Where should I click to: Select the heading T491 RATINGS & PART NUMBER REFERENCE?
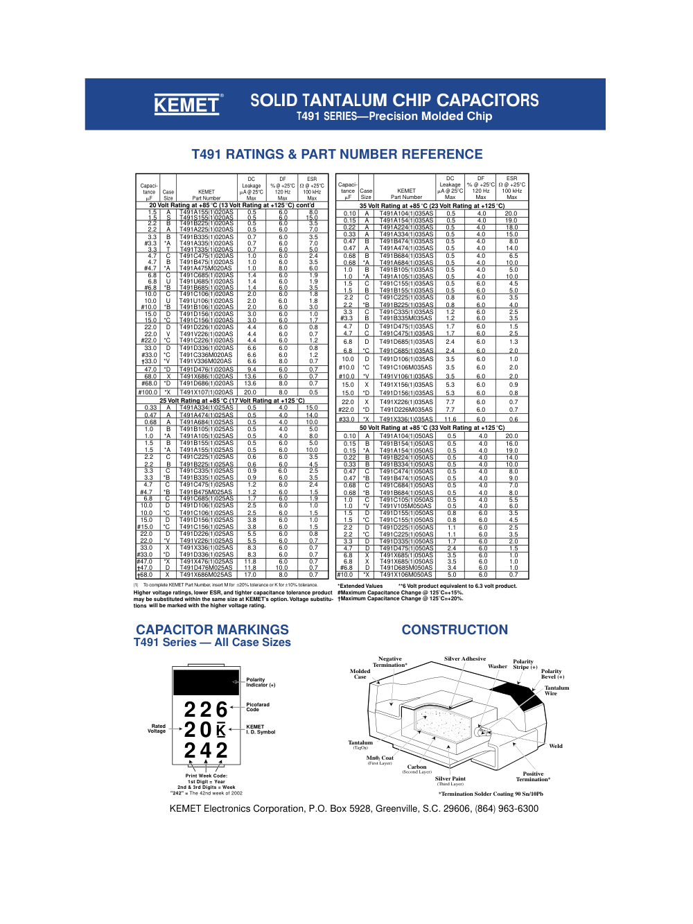click(x=337, y=155)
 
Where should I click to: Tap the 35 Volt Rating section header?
click(x=432, y=206)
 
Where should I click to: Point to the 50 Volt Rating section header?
click(x=432, y=428)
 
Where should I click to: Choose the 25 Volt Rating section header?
click(x=231, y=401)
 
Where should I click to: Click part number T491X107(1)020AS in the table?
click(x=207, y=392)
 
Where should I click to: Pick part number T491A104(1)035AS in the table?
click(x=406, y=213)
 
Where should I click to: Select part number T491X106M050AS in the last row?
click(x=406, y=575)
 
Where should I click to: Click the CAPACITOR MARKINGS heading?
click(x=212, y=629)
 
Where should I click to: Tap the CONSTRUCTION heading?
click(x=455, y=629)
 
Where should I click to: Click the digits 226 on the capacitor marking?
click(x=206, y=710)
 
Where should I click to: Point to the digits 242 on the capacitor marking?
click(x=206, y=751)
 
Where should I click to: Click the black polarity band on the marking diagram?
click(x=206, y=682)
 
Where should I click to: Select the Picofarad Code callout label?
click(x=258, y=707)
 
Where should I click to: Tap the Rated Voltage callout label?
click(x=157, y=729)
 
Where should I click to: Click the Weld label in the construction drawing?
click(x=556, y=746)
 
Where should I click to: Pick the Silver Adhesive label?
click(x=465, y=659)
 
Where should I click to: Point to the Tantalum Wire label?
click(x=556, y=690)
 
